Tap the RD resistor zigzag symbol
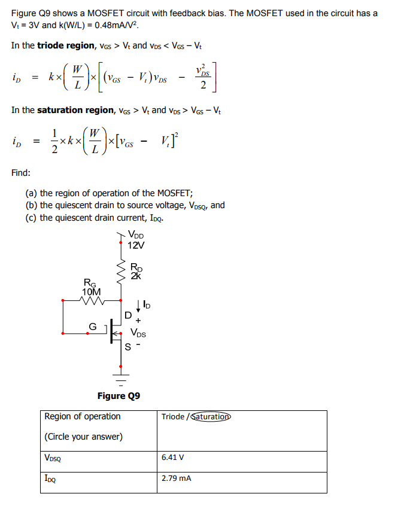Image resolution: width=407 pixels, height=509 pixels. click(122, 271)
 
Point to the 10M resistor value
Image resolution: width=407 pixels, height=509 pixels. click(92, 291)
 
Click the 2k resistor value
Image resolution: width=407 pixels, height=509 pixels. click(136, 276)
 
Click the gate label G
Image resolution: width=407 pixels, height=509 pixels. click(93, 326)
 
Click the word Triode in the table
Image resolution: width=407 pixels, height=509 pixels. click(173, 417)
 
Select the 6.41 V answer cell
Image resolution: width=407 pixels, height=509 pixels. click(173, 457)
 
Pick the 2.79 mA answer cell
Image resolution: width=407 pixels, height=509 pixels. click(177, 478)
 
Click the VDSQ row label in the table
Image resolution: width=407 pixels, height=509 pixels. click(53, 458)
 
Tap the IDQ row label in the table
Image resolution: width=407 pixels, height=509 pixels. click(51, 479)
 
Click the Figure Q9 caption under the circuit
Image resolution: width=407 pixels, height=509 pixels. click(119, 396)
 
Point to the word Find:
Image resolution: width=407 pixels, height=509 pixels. click(21, 173)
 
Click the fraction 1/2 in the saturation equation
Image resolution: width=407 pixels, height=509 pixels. click(54, 142)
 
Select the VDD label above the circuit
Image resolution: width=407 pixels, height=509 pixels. click(136, 236)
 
